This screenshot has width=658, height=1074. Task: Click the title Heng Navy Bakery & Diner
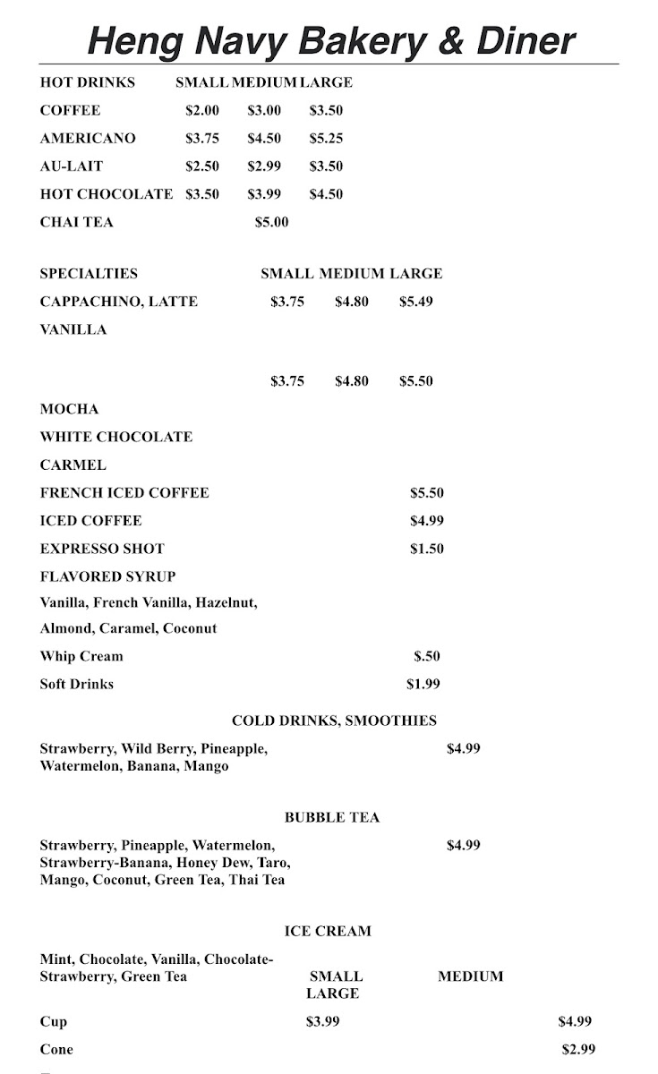click(x=330, y=40)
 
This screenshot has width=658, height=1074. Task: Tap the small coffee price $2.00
click(x=202, y=111)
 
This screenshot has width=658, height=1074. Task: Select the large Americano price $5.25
click(x=326, y=139)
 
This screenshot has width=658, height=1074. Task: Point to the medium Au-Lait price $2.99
click(x=264, y=166)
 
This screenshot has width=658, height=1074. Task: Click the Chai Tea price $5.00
click(x=271, y=222)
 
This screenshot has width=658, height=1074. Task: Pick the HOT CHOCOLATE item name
click(x=106, y=194)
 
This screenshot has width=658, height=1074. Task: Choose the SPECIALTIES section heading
click(x=89, y=274)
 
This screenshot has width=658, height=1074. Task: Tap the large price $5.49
click(x=415, y=302)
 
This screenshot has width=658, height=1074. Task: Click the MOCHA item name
click(x=69, y=409)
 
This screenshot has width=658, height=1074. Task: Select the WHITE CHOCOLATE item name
click(x=116, y=437)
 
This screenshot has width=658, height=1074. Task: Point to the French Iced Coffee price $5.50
click(x=426, y=493)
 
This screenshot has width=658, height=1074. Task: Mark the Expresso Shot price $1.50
click(x=426, y=549)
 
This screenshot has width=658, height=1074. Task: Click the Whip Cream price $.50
click(x=426, y=656)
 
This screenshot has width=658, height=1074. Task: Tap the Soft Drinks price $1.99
click(x=423, y=685)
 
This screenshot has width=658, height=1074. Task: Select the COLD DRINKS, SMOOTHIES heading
click(x=334, y=720)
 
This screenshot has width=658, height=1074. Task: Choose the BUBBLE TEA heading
click(x=332, y=817)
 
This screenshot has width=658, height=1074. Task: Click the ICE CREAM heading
click(x=328, y=931)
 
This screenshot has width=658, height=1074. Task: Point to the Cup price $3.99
click(x=322, y=1021)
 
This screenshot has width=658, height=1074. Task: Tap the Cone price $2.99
click(x=578, y=1049)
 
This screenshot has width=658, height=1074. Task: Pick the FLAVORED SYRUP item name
click(x=107, y=576)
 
